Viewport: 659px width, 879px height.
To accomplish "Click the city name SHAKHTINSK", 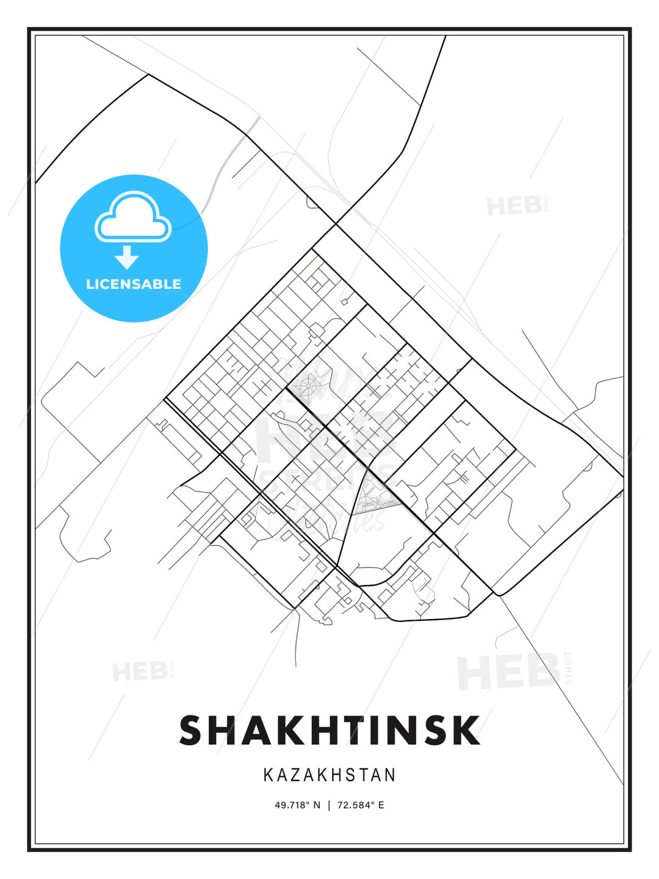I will [329, 730].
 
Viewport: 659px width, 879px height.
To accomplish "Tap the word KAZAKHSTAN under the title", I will [329, 775].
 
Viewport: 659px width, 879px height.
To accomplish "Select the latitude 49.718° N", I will [297, 805].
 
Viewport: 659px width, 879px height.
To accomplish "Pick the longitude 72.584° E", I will [361, 805].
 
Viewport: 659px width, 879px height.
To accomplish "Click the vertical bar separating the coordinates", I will [329, 805].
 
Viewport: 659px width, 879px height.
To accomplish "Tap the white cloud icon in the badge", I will [133, 217].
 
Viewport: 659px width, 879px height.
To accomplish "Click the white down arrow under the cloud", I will [127, 257].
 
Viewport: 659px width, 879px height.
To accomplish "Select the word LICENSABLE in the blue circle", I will [134, 284].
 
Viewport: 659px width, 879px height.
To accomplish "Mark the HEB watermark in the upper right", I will [516, 206].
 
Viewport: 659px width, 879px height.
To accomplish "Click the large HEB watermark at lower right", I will [510, 671].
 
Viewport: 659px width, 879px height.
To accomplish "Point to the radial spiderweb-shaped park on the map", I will [308, 386].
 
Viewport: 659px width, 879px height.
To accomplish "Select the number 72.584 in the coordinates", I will [353, 805].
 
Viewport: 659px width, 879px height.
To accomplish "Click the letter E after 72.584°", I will [381, 805].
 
